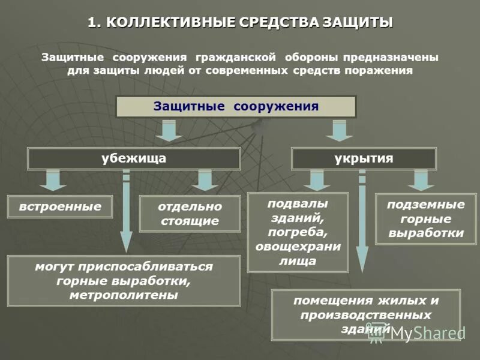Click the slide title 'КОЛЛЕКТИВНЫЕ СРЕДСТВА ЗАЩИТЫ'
(x=240, y=23)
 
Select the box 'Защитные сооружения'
(x=236, y=107)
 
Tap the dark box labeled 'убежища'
(x=134, y=158)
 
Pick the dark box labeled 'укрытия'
(x=364, y=158)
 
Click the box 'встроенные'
(x=60, y=206)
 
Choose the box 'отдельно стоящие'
(x=190, y=214)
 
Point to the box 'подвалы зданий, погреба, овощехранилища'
(x=298, y=232)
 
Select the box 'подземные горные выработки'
(x=426, y=218)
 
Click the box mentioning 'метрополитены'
(x=124, y=281)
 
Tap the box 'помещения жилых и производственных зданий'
(x=366, y=314)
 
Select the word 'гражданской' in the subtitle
(x=235, y=58)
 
